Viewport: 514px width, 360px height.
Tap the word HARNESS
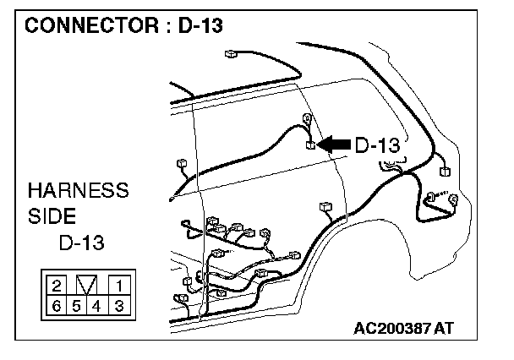(79, 189)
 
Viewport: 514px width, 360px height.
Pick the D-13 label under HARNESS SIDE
(81, 243)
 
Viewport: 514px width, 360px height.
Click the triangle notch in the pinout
(87, 285)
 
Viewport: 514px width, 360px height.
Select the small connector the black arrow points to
(312, 145)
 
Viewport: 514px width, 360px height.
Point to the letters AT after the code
(443, 328)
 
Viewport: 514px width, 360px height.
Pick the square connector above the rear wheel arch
(325, 205)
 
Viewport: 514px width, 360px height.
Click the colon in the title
(167, 25)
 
